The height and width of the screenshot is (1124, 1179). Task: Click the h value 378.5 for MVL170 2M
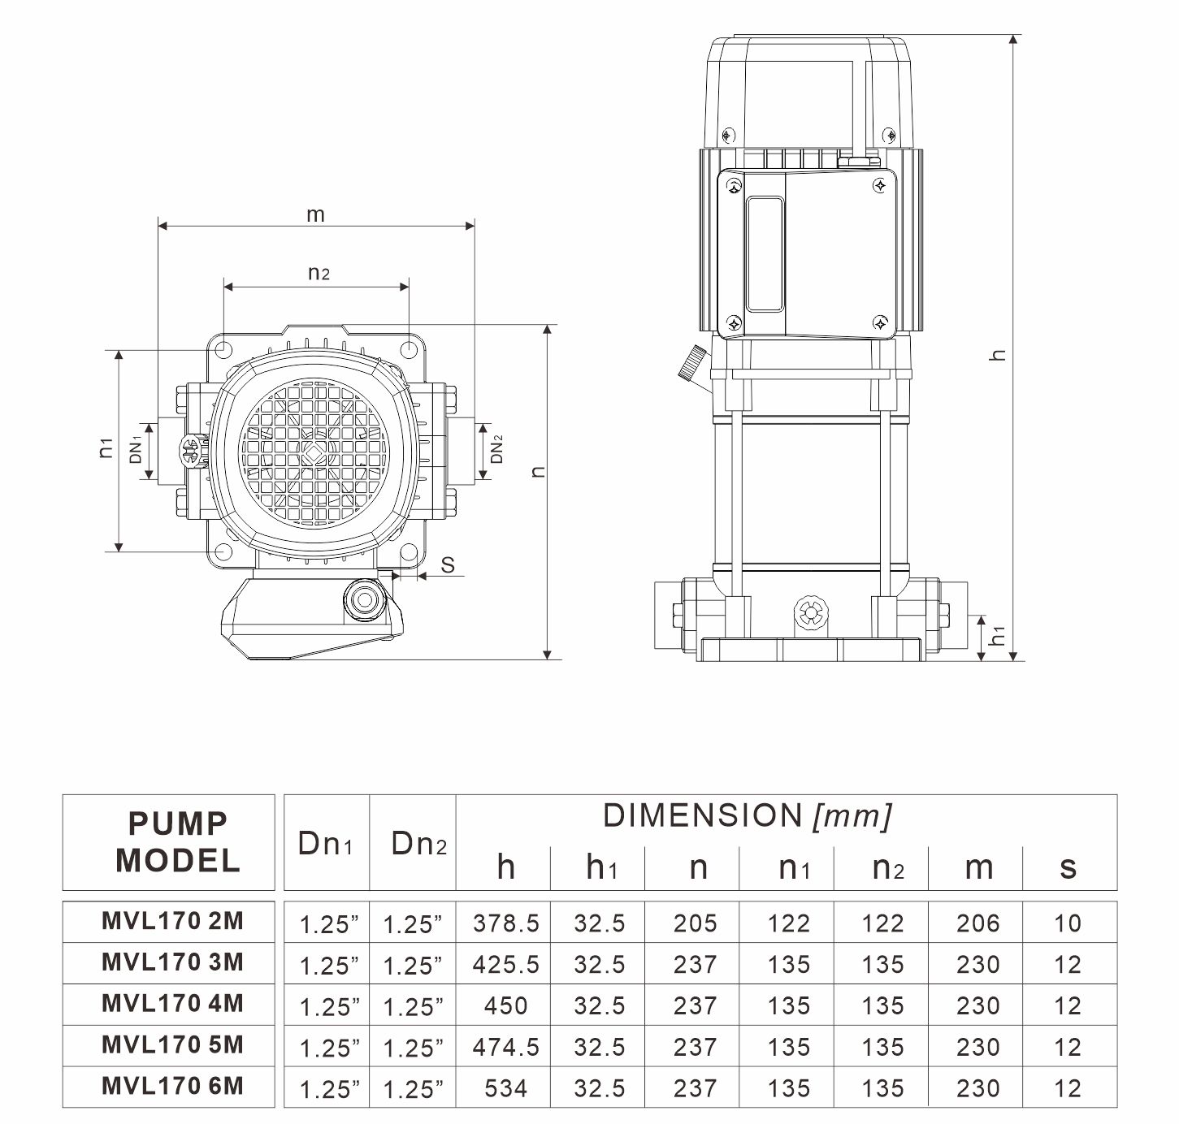coord(505,923)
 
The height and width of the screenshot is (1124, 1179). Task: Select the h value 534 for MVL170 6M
coord(505,1088)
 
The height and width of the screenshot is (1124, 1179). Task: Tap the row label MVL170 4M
coord(172,1004)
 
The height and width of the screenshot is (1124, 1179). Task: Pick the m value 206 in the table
coord(977,923)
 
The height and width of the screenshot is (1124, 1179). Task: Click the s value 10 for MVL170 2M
coord(1068,923)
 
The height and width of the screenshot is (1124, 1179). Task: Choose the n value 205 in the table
coord(695,923)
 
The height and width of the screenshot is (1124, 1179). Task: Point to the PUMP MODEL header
coord(177,842)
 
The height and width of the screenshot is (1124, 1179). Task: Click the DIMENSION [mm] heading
coord(747,815)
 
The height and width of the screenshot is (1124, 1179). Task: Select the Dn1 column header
coord(325,845)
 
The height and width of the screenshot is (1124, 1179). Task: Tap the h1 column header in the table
coord(601,868)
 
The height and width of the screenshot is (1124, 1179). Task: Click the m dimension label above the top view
coord(315,214)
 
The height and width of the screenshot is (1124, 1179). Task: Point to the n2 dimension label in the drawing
coord(319,273)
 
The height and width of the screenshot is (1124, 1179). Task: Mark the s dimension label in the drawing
coord(448,565)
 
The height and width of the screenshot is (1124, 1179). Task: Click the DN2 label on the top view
coord(497,449)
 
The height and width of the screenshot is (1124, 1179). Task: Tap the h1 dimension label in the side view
coord(999,634)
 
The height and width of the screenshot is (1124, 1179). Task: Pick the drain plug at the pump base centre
coord(809,612)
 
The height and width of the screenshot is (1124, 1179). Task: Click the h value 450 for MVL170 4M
coord(505,1006)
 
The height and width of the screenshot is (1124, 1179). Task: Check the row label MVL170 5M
coord(172,1045)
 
